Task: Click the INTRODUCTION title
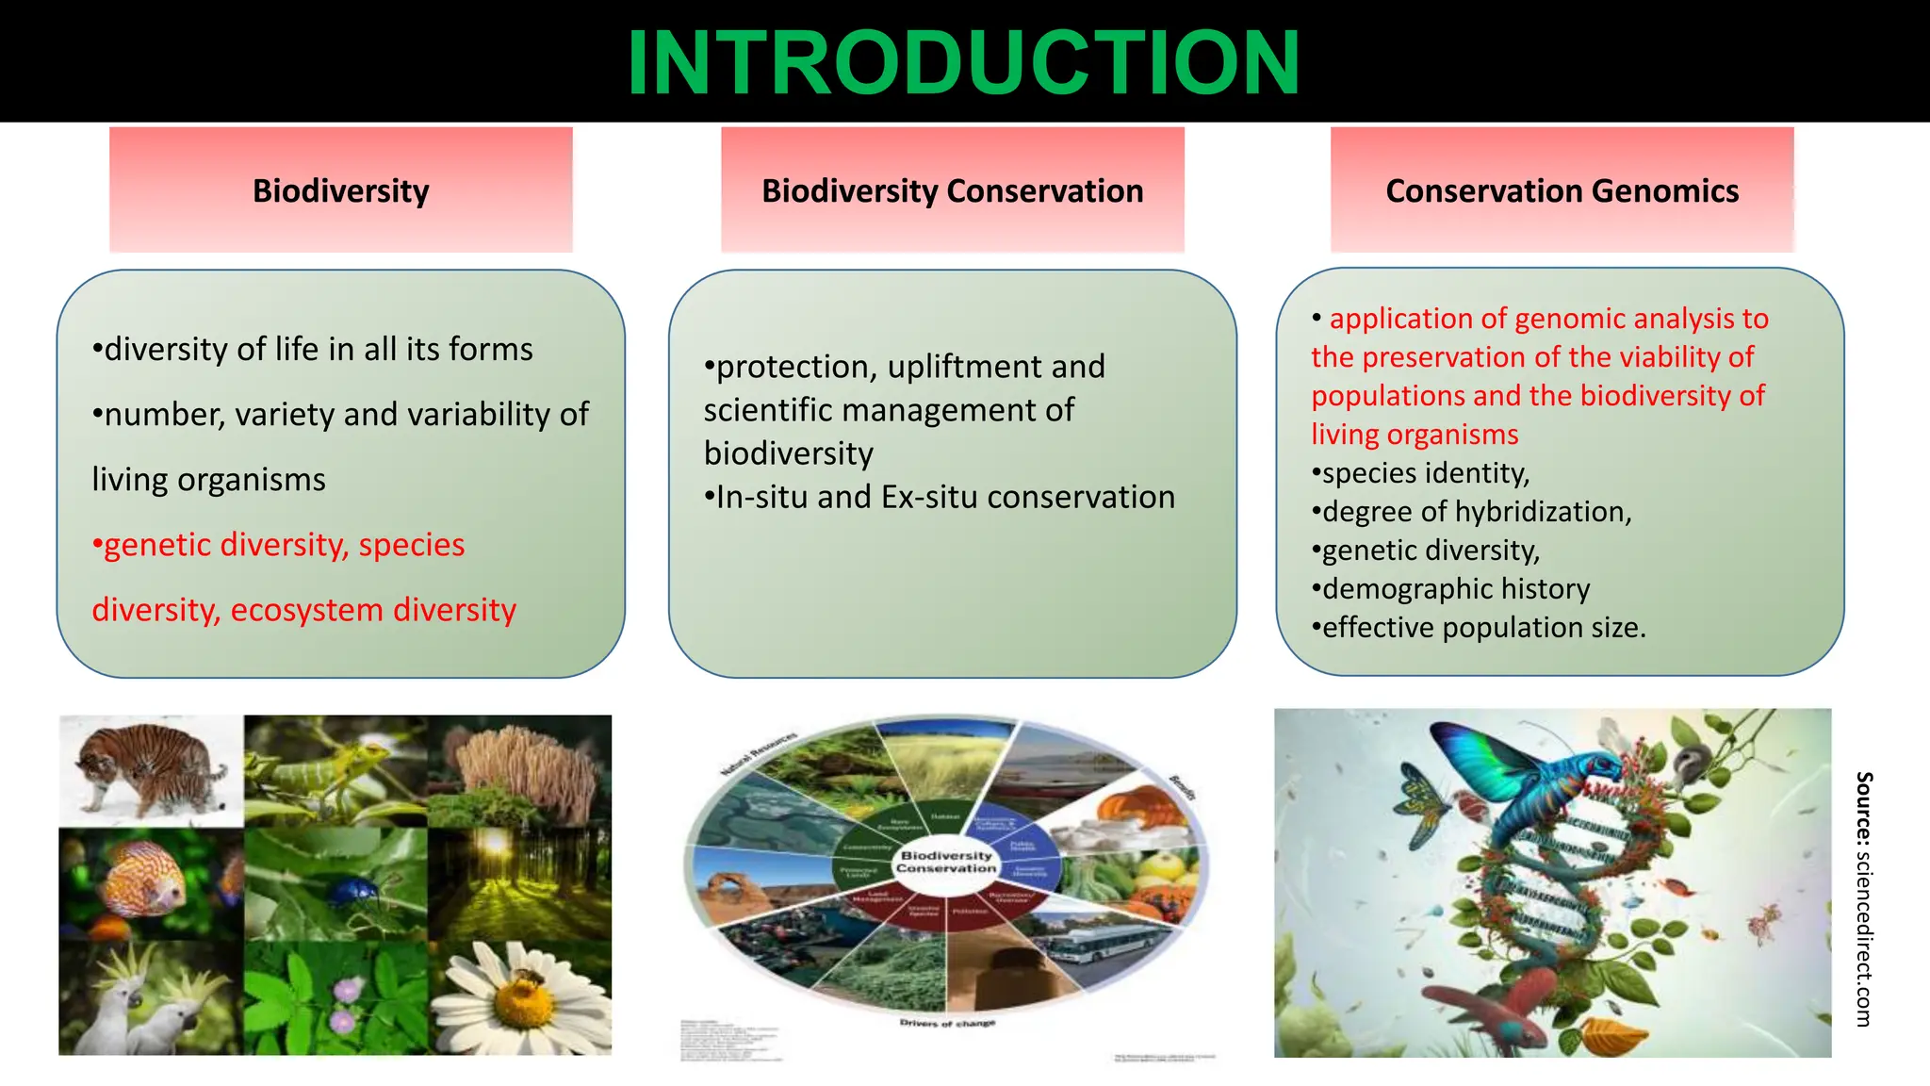(x=963, y=62)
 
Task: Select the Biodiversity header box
(x=340, y=190)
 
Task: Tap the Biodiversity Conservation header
(x=952, y=190)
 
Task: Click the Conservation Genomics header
(x=1562, y=190)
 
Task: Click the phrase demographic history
(x=1456, y=589)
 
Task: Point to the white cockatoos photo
(x=151, y=999)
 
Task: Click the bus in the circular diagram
(x=1103, y=943)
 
